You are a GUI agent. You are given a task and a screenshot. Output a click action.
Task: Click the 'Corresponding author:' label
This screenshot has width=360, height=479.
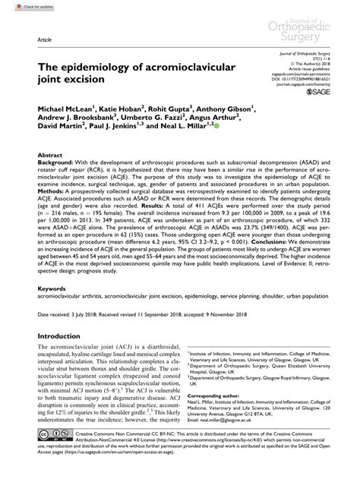click(x=216, y=396)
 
